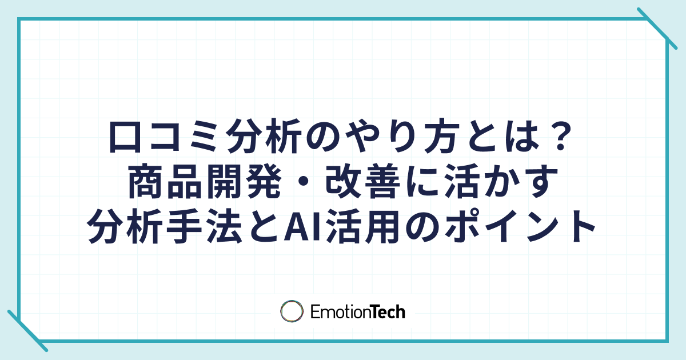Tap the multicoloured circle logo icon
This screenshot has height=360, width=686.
tap(292, 311)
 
